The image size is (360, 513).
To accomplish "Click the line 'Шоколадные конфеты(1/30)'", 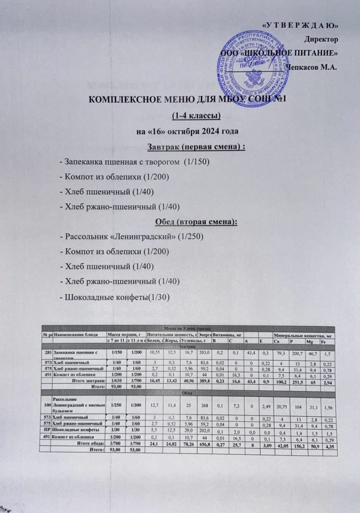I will tap(115, 297).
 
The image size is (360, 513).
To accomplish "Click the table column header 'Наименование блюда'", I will tap(79, 334).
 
